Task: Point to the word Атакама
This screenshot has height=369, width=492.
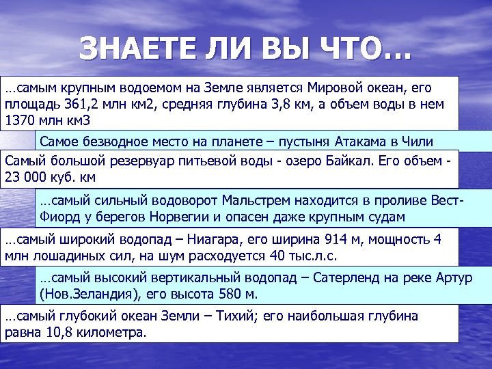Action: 364,142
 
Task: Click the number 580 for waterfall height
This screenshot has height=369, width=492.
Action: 221,295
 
